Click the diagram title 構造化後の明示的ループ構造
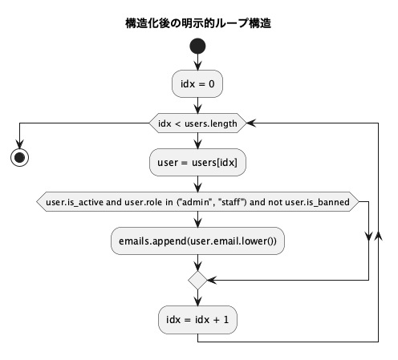(197, 23)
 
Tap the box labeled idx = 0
(197, 83)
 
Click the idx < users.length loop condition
(197, 123)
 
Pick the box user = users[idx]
(197, 163)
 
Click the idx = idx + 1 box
(197, 320)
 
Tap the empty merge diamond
(197, 280)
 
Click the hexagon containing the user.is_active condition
(197, 203)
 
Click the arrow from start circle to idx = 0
(197, 63)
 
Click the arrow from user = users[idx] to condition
(197, 184)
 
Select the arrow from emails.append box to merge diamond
(197, 262)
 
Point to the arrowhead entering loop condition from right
(250, 123)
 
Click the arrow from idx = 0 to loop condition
(197, 103)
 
